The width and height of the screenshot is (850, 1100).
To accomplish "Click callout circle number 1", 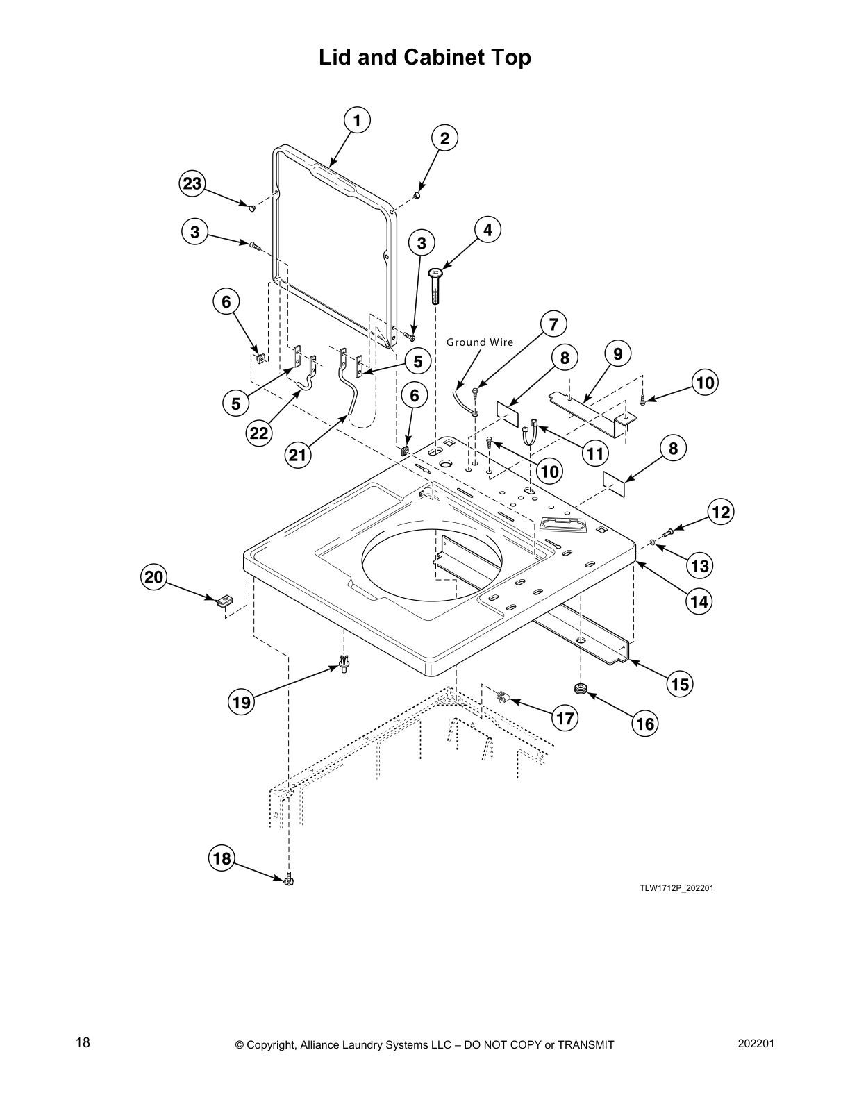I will tap(357, 120).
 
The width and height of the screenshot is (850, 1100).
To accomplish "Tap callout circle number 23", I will tap(192, 184).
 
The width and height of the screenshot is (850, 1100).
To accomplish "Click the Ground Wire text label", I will tap(479, 342).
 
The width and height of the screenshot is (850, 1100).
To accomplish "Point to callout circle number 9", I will tap(617, 354).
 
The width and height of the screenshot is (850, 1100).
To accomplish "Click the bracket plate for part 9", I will tap(590, 413).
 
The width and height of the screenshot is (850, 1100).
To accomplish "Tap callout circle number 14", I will tap(699, 601).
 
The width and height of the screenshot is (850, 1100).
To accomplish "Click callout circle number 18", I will tap(222, 858).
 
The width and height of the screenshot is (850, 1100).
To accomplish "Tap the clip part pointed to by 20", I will tap(224, 600).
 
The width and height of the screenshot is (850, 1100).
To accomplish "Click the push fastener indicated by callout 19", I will tap(344, 664).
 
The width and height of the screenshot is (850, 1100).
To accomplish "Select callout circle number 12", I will tap(720, 512).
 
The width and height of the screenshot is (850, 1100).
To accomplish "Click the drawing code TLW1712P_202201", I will tap(676, 888).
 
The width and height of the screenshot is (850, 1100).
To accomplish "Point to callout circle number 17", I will tap(565, 717).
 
